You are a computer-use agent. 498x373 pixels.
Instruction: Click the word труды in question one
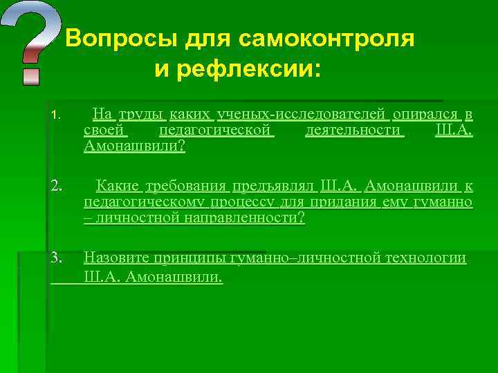(141, 113)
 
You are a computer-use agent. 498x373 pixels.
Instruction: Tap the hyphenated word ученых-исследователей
(303, 113)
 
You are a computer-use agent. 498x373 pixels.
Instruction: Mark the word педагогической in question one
(216, 130)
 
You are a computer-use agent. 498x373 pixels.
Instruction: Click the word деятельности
(354, 130)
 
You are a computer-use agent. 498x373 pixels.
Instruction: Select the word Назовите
(115, 258)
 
